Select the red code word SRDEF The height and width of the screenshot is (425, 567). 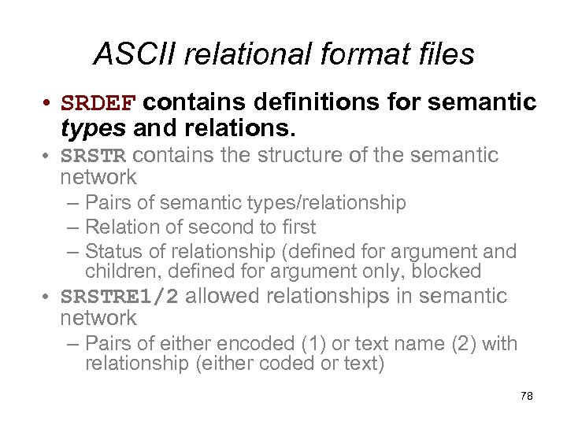(x=99, y=103)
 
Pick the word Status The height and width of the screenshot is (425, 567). (x=110, y=251)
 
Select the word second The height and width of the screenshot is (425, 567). (x=214, y=227)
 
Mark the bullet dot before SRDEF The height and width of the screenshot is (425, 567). (x=49, y=104)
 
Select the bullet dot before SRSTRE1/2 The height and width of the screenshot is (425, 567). (x=49, y=297)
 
